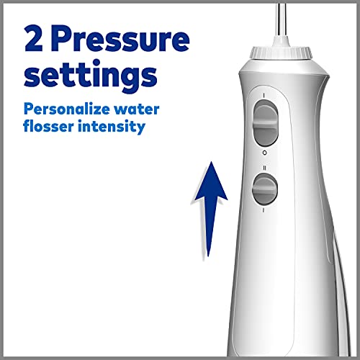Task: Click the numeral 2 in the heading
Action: [34, 38]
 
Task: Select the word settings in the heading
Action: [91, 74]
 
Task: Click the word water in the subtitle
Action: [136, 109]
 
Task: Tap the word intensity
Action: [112, 127]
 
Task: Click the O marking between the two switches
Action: [264, 153]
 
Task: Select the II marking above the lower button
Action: [264, 168]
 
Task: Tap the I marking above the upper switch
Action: [264, 96]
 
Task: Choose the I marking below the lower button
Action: [264, 210]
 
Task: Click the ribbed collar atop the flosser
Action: [281, 53]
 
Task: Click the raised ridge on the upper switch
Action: [266, 123]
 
